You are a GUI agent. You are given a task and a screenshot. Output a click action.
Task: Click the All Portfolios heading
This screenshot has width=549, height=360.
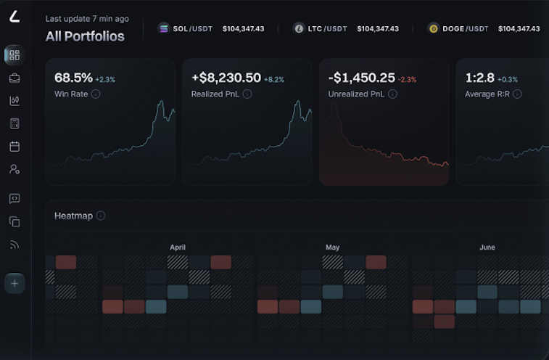pyautogui.click(x=85, y=36)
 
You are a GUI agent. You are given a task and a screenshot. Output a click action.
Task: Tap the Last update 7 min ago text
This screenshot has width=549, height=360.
pyautogui.click(x=87, y=19)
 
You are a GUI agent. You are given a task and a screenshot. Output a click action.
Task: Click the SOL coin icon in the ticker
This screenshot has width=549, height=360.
pyautogui.click(x=163, y=29)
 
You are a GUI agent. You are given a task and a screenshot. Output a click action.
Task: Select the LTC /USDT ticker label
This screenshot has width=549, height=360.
pyautogui.click(x=327, y=29)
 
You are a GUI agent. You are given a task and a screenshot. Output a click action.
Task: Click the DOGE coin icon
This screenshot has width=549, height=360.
pyautogui.click(x=434, y=29)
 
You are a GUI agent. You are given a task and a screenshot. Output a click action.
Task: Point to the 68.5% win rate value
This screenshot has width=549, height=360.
pyautogui.click(x=73, y=78)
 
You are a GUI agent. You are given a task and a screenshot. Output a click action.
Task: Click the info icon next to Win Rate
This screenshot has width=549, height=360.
pyautogui.click(x=96, y=94)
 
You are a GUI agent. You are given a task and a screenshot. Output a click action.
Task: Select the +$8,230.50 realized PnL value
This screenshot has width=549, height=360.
pyautogui.click(x=226, y=78)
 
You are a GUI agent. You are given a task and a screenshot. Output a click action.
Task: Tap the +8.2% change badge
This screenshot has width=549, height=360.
pyautogui.click(x=274, y=79)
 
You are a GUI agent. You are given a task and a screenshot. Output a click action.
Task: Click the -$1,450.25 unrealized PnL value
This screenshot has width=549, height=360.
pyautogui.click(x=361, y=78)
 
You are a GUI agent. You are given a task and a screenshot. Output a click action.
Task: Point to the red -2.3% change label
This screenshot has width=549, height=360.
pyautogui.click(x=408, y=79)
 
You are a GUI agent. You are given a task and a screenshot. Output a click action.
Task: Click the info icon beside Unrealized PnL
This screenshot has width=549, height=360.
pyautogui.click(x=392, y=94)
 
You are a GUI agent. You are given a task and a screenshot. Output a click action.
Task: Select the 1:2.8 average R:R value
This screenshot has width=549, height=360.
pyautogui.click(x=479, y=78)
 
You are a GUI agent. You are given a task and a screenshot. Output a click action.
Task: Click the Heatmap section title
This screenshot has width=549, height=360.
pyautogui.click(x=73, y=216)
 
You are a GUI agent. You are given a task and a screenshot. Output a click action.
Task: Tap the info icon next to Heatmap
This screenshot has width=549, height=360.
pyautogui.click(x=101, y=216)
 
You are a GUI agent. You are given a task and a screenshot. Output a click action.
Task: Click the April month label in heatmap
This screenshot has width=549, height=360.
pyautogui.click(x=178, y=247)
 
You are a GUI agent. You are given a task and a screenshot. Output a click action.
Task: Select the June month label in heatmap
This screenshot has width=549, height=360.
pyautogui.click(x=487, y=247)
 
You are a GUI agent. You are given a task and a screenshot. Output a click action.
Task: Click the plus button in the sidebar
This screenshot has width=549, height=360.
pyautogui.click(x=15, y=282)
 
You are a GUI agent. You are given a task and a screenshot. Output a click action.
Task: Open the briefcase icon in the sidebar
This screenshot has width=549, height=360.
pyautogui.click(x=15, y=78)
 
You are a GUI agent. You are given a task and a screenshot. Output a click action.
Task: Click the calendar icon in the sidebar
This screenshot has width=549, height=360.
pyautogui.click(x=15, y=146)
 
